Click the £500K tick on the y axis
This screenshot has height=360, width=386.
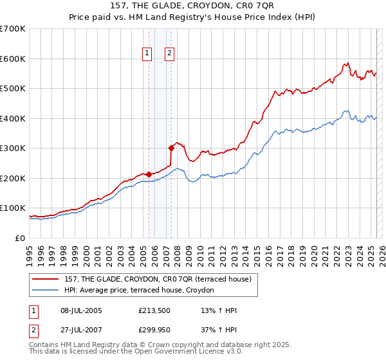[x=13, y=88]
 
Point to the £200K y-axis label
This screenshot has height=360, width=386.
[x=13, y=178]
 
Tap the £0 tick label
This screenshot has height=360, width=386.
[x=19, y=238]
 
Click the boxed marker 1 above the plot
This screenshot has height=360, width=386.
[x=147, y=54]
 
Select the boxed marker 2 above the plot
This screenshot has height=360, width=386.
[x=169, y=54]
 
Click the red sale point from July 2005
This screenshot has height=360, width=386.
[x=149, y=174]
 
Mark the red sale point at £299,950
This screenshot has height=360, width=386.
[x=172, y=148]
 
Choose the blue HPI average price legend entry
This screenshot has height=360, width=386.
[x=143, y=291]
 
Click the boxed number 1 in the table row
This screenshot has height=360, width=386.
[x=33, y=310]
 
